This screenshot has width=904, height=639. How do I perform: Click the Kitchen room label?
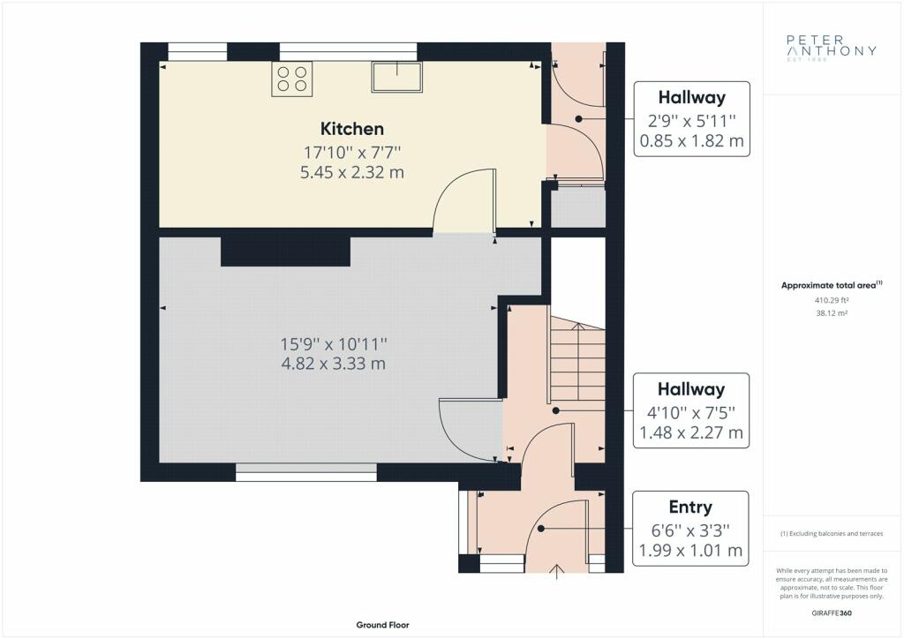click(351, 129)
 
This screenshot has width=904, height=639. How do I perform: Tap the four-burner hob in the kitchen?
click(291, 79)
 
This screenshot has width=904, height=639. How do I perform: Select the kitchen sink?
click(396, 77)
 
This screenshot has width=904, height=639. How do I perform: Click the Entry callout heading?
click(690, 507)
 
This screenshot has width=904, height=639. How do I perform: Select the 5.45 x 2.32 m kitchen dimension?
click(351, 172)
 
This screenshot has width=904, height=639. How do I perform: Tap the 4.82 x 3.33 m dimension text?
click(333, 364)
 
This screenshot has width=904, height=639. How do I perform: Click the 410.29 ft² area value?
click(832, 300)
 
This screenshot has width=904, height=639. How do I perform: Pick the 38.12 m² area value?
click(832, 313)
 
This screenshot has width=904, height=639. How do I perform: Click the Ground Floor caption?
click(383, 625)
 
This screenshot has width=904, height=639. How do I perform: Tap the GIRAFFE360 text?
click(832, 613)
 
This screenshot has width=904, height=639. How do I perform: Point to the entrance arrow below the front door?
click(556, 572)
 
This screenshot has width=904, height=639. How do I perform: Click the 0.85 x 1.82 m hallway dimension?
click(692, 140)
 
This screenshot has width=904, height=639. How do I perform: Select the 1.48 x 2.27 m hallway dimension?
click(691, 432)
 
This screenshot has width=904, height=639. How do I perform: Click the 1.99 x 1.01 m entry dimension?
click(690, 550)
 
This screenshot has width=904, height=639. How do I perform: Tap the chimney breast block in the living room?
click(286, 252)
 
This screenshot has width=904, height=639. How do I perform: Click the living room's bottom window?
click(306, 472)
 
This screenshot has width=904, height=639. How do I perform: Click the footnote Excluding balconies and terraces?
click(832, 534)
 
